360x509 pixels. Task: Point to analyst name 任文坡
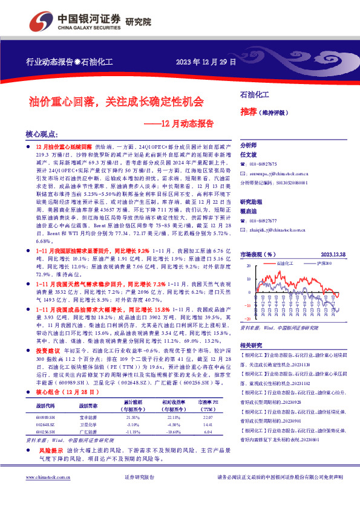[249, 155]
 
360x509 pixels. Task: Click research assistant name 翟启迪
[249, 211]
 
